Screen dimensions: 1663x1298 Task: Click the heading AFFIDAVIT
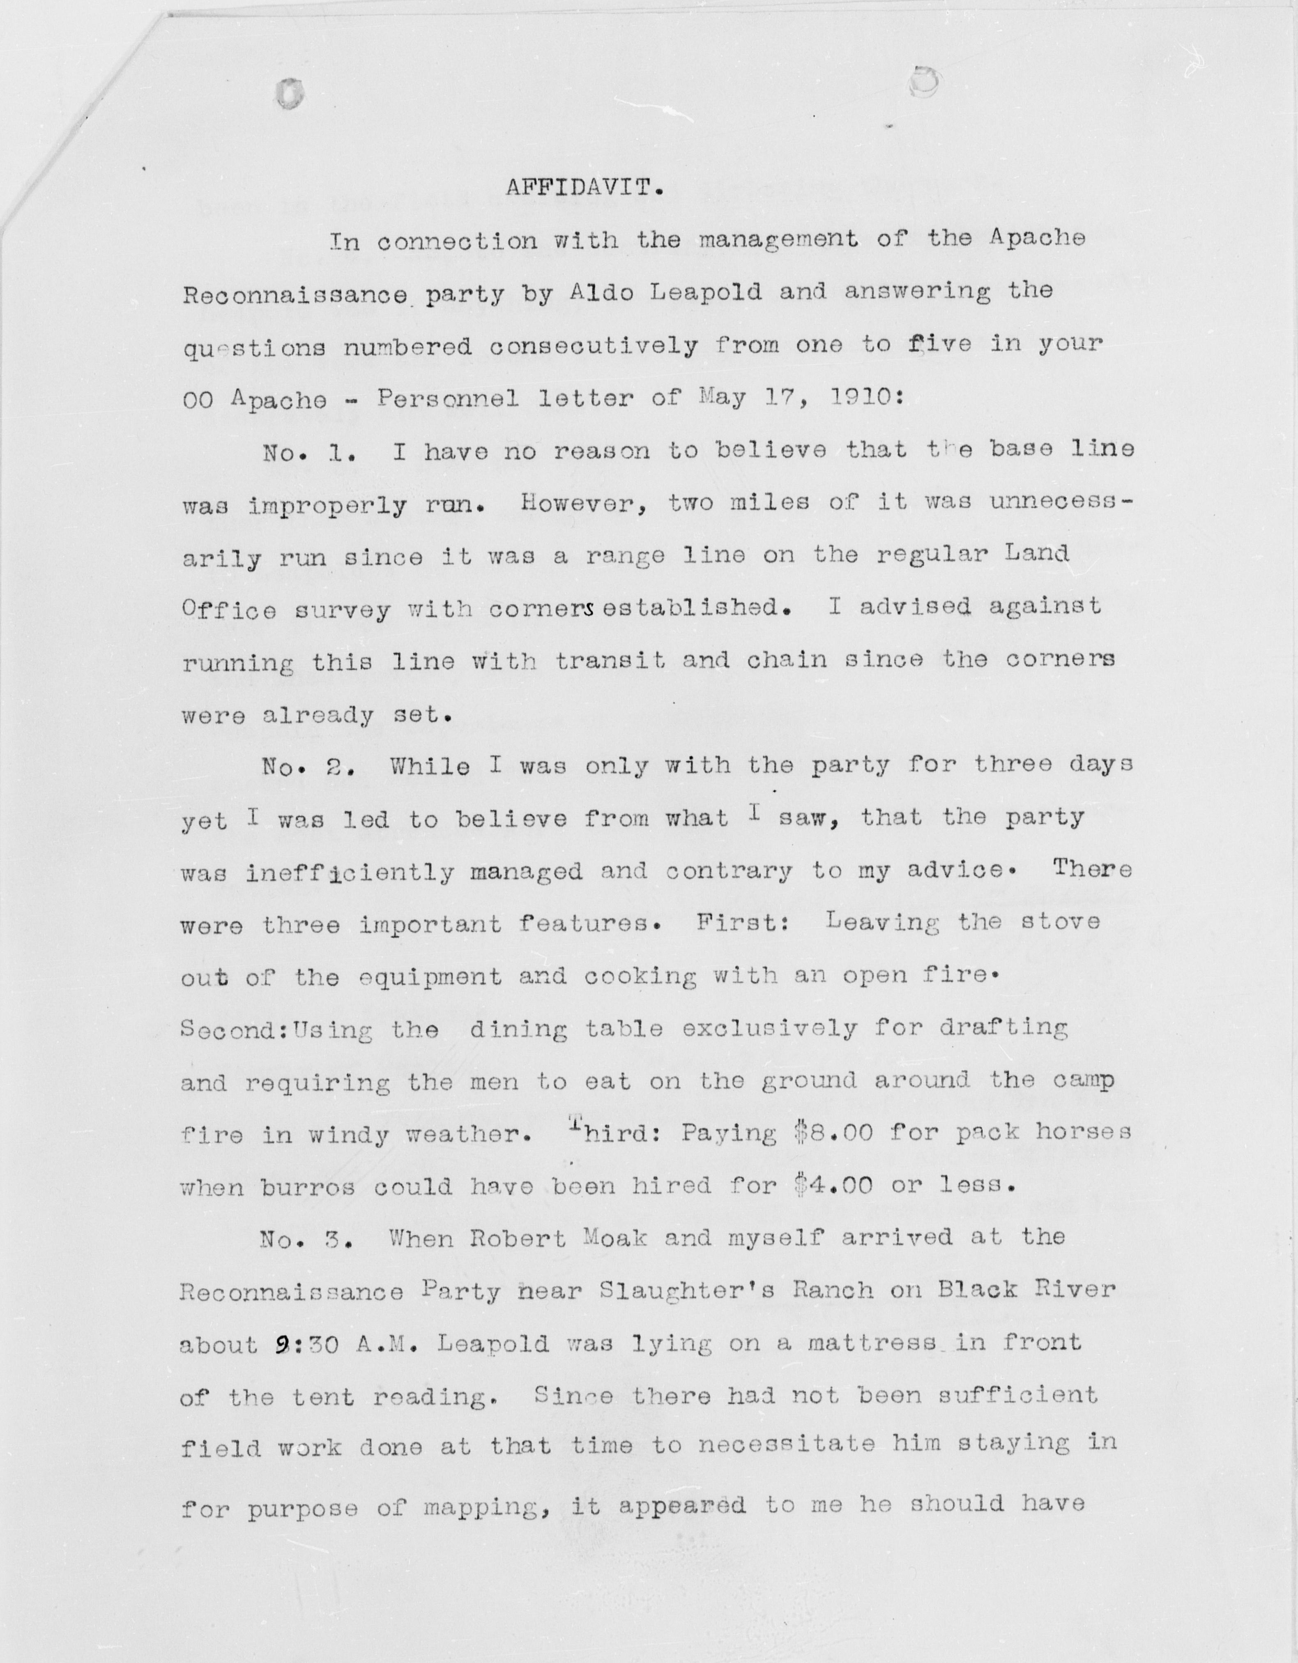coord(585,187)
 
